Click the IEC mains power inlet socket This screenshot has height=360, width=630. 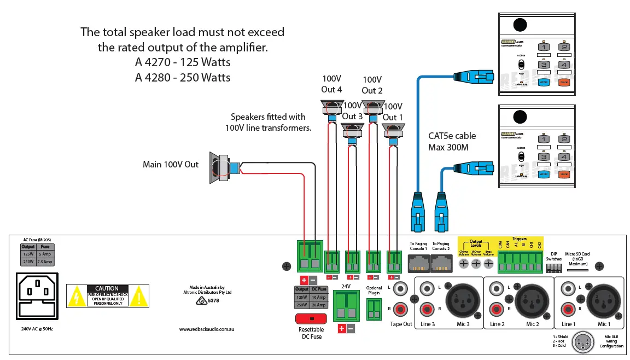(37, 295)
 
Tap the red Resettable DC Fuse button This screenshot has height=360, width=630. (311, 318)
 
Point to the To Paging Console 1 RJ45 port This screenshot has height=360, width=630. (418, 264)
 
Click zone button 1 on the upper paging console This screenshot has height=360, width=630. (543, 48)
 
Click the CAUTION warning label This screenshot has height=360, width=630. (107, 295)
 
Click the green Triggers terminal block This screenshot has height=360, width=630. (520, 265)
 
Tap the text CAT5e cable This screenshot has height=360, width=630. (452, 136)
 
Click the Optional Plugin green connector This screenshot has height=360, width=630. (374, 310)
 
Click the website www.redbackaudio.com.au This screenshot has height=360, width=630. (207, 329)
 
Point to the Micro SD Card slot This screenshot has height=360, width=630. (580, 269)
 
